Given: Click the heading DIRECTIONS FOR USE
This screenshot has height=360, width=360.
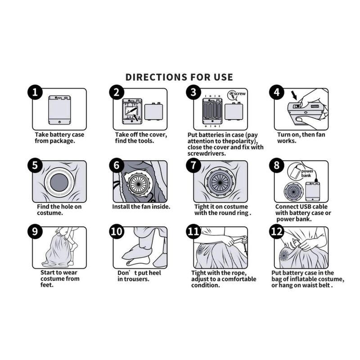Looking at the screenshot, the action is pos(179,77).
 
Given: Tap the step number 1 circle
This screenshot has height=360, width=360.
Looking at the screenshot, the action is pos(35,92).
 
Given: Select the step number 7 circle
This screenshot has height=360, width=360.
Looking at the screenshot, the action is pos(193,165).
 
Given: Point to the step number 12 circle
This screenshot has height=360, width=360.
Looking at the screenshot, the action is pos(277,231).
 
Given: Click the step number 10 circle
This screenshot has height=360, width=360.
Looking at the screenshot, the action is pos(117,231).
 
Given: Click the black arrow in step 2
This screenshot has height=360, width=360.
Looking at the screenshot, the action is pos(136,117).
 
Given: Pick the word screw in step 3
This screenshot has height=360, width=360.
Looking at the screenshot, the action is pos(240,94).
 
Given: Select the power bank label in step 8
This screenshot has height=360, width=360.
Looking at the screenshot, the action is pos(307,173).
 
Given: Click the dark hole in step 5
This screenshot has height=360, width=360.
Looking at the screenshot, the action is pos(59,183).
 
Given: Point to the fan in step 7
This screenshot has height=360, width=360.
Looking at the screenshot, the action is pos(220,182).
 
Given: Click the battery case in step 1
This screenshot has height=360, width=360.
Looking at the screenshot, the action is pos(60,110).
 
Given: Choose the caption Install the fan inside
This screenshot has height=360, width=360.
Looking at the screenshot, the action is pos(141,207).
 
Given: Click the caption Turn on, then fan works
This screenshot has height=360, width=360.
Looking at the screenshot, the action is pos(301,138).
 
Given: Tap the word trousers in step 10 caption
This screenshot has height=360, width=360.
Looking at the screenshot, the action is pos(136,279).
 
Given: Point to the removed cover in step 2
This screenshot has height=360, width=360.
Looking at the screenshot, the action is pos(153,112).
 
